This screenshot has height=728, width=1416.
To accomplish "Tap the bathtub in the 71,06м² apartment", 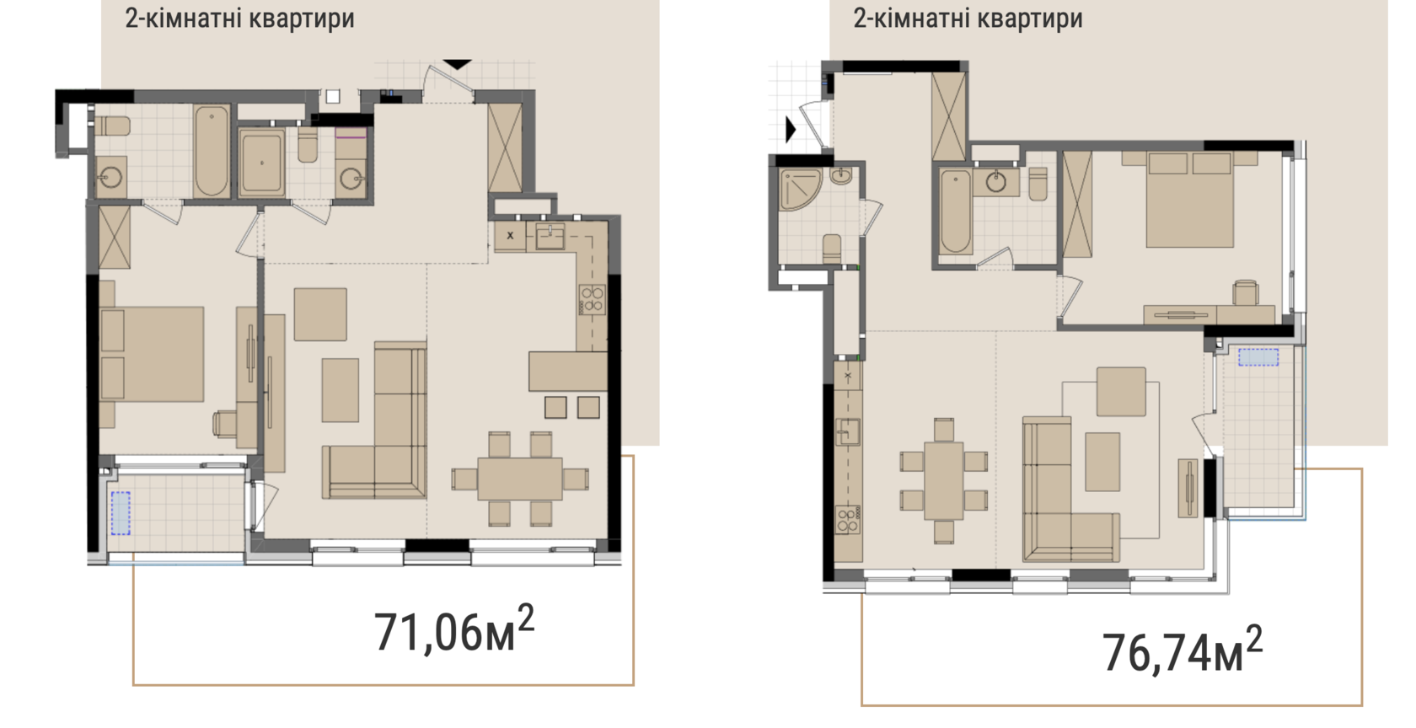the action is point(211,151).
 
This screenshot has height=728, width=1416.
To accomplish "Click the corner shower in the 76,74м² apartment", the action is point(801,189).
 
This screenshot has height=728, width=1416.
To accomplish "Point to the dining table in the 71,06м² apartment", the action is point(519,479).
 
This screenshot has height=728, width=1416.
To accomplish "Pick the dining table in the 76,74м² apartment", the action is point(943,480).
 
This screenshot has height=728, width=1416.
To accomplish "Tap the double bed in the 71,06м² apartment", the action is point(152,355).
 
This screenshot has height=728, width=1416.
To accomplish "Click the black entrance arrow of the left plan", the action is point(457,64).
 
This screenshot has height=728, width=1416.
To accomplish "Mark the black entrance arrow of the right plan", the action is point(791,130).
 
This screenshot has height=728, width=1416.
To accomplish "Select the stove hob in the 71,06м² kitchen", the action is point(593,300).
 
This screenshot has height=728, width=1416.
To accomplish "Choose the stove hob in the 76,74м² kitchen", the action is point(848,520).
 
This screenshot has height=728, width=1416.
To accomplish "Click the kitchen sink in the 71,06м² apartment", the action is point(550,236).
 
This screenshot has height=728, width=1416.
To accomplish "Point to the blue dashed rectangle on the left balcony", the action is point(121,513).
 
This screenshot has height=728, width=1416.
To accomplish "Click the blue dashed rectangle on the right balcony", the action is point(1258,357).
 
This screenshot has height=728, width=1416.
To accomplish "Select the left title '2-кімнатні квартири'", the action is point(239,19).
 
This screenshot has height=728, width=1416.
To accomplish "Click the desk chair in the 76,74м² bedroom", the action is point(1246,293).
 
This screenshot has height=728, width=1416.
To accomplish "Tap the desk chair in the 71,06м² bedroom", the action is point(225,423).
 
